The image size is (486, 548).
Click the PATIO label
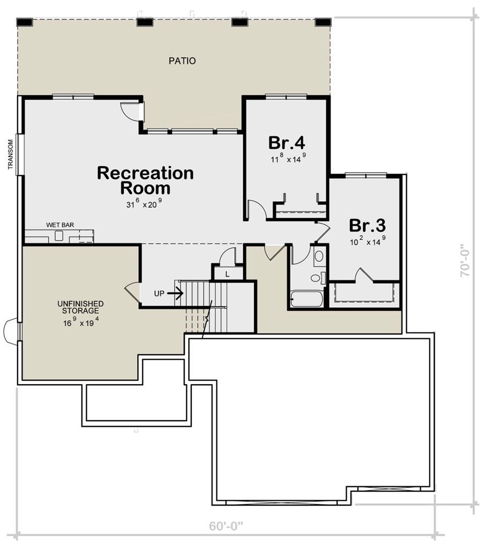[x=182, y=61]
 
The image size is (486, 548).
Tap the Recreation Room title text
[x=145, y=180]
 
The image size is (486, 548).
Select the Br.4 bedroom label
[x=287, y=142]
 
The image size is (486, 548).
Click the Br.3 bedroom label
[x=368, y=225]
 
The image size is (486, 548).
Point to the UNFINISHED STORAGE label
[x=80, y=307]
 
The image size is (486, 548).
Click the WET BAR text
[x=60, y=225]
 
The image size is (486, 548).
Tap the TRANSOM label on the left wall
[x=11, y=155]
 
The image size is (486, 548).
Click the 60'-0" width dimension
[x=226, y=526]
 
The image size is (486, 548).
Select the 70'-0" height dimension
[x=465, y=261]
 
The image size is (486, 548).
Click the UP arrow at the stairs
[x=175, y=293]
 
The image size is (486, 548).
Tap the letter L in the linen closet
[x=227, y=275]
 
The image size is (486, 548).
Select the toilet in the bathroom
[x=318, y=278]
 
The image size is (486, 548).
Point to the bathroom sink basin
[x=319, y=256]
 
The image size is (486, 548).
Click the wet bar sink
[x=58, y=237]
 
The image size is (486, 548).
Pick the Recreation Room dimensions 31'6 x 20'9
[x=144, y=204]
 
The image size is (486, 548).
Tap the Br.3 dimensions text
[x=368, y=241]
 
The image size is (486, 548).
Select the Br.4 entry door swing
[x=257, y=209]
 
